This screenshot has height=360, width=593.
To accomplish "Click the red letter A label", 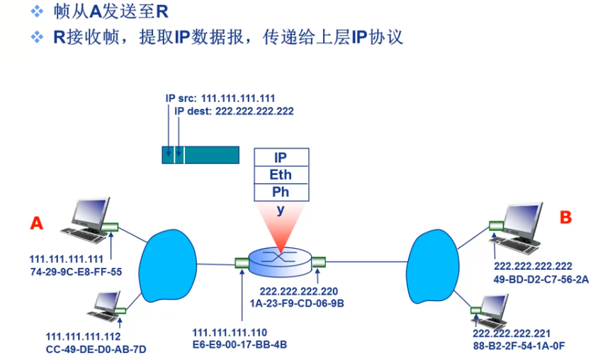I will pos(37,223).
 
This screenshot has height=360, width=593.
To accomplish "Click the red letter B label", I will pos(565,218).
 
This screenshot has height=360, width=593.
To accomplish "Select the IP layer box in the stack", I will pos(281,157).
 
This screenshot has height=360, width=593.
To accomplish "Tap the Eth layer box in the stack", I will pos(281,175).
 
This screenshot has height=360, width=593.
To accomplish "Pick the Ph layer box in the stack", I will pos(281,192).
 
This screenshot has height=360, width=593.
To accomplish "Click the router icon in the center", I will pos(279,263).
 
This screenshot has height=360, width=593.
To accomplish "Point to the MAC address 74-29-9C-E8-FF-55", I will pos(76,271).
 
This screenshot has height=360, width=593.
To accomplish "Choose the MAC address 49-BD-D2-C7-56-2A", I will pos(541,280).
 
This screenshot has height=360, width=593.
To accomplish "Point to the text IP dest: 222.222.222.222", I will pos(234,111).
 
